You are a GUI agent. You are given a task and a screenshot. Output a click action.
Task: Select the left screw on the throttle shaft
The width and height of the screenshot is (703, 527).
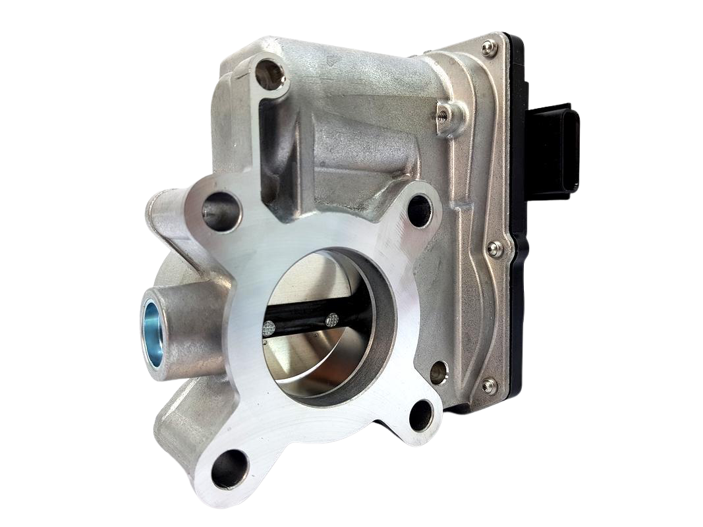tap(269, 327)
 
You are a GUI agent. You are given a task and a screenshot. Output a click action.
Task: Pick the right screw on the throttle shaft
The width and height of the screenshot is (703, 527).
tap(333, 319)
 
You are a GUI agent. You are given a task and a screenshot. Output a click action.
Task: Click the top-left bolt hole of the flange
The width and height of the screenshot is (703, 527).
tap(221, 211)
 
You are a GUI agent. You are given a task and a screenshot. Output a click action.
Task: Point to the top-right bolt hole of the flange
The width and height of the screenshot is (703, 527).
tap(420, 210)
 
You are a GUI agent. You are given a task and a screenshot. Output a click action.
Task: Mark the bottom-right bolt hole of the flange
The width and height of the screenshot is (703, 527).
tap(421, 415)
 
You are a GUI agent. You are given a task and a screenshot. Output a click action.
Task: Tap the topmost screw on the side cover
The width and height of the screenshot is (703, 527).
tap(488, 47)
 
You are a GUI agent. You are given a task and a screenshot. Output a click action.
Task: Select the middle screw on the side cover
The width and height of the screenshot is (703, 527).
tap(493, 248)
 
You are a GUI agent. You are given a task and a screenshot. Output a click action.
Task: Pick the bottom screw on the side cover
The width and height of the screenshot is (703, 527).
tap(488, 385)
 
